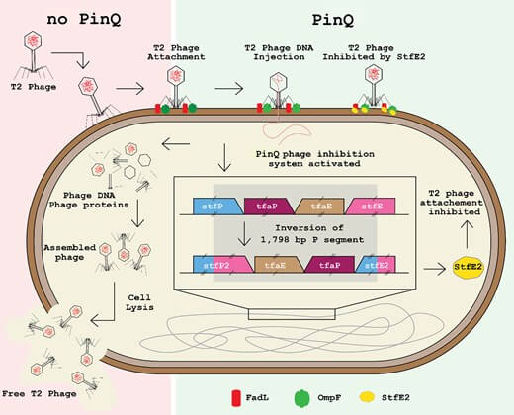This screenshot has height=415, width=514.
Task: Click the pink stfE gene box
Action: click(374, 206)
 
